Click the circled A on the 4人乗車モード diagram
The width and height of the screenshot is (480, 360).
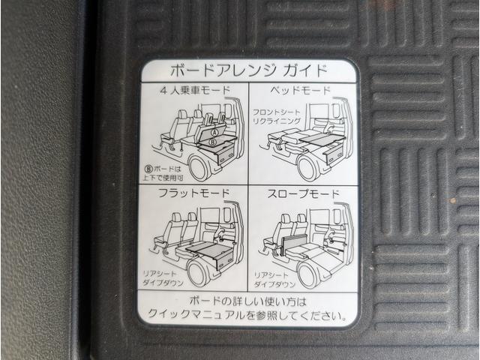click(x=213, y=129)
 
